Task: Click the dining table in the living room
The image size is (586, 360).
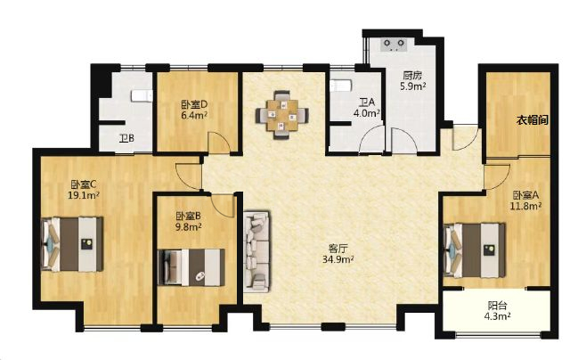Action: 282,115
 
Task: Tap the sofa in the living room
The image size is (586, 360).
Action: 256,252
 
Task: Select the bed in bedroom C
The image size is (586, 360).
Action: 72,244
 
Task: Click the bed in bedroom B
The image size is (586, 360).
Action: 191,267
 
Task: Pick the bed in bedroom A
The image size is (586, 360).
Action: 475,250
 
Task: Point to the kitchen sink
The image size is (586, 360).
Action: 394,45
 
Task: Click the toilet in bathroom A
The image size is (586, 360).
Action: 341,86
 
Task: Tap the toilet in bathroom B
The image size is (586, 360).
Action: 142,95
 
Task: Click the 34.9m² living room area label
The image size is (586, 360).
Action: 338,259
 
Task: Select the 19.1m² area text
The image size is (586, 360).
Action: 84,195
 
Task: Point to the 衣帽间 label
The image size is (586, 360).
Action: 533,120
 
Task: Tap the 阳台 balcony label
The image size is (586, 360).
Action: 498,306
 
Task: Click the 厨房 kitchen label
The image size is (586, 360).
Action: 412,76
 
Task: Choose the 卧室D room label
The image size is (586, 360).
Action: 194,104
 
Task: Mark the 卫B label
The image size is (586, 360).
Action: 126,139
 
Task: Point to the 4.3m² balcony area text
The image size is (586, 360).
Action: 498,315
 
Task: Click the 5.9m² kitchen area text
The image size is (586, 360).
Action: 412,86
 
